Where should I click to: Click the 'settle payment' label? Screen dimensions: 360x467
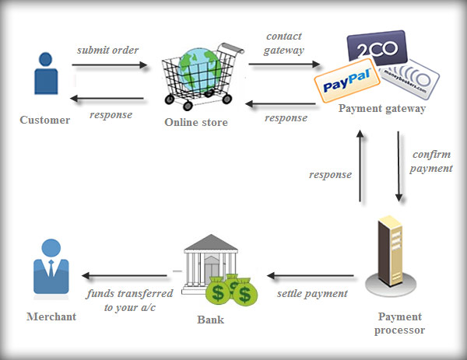311,294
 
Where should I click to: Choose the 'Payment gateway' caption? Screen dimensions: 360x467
381,109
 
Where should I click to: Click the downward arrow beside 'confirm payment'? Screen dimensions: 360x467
399,166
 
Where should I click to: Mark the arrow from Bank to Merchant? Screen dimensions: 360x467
125,275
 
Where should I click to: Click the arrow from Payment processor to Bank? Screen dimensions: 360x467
311,275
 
